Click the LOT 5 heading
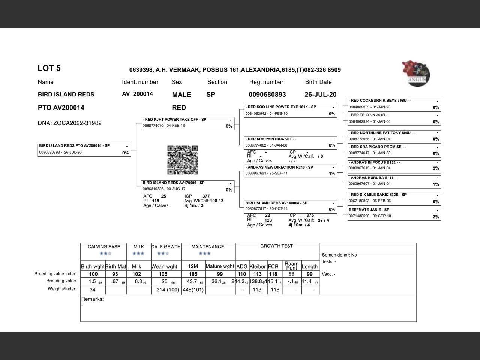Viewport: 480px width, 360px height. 49,68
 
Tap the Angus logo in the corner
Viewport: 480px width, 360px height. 416,73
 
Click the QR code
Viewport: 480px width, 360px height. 182,160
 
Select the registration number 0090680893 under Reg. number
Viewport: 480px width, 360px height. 267,94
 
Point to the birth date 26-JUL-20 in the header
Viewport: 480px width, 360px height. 320,94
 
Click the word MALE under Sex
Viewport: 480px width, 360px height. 181,95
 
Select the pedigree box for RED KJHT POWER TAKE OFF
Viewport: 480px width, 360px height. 188,123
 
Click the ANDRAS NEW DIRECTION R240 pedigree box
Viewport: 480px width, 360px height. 291,171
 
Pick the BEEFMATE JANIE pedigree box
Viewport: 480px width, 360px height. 394,213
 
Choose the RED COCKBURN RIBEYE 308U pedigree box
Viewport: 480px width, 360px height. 394,104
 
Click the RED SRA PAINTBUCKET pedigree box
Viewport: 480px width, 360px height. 291,142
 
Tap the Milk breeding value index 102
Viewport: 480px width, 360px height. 137,274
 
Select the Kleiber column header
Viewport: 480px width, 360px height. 258,266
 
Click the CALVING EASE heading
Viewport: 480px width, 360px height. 104,247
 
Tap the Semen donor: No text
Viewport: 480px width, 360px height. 339,255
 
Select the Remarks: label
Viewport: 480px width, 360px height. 92,299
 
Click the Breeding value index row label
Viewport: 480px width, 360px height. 55,274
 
